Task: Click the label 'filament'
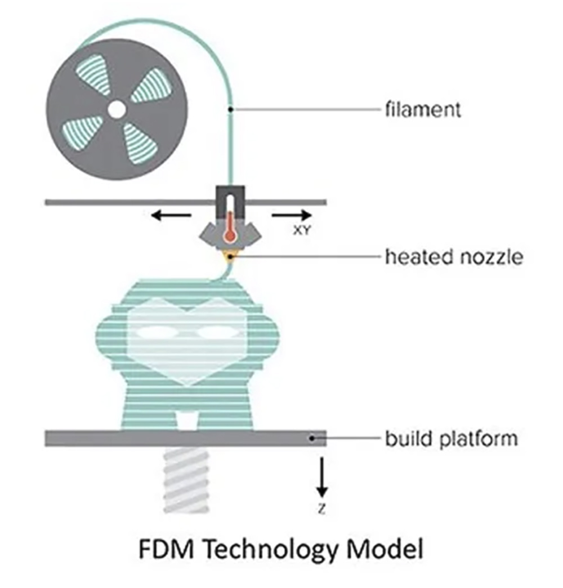pos(423,109)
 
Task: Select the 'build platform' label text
pos(450,438)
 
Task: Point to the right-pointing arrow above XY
pos(291,215)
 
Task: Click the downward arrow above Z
pos(321,474)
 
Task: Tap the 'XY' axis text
pos(302,230)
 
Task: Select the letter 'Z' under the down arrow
pos(321,510)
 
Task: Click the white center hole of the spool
pos(117,109)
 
